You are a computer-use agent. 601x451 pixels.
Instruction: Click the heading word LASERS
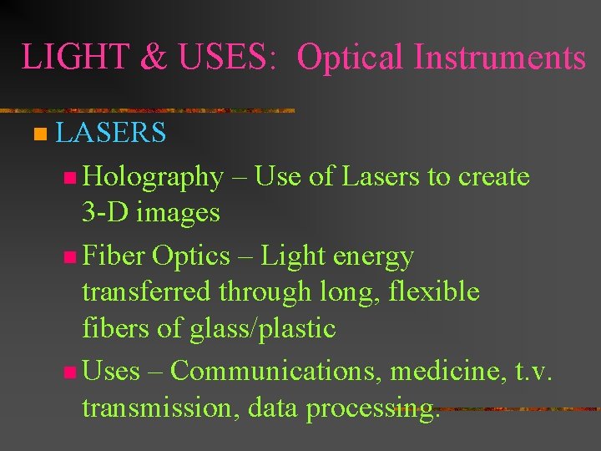[111, 132]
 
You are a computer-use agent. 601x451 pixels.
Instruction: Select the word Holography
[153, 177]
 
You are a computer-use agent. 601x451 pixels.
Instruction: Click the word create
[494, 177]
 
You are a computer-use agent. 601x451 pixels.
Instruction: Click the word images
[179, 213]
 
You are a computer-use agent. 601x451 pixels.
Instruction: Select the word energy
[376, 256]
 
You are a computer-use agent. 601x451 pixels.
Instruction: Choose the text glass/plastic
[262, 328]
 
